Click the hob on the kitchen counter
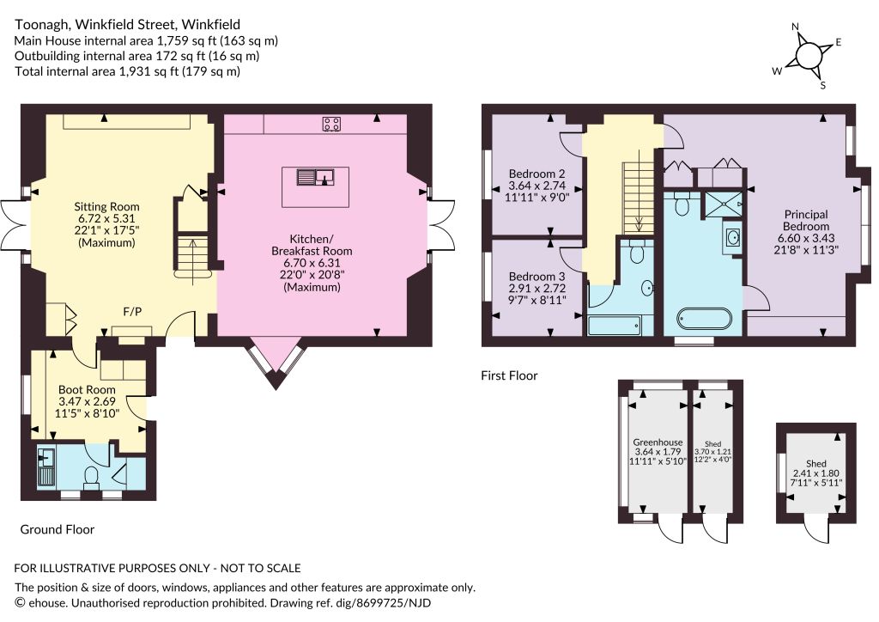pyautogui.click(x=331, y=124)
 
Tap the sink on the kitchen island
pyautogui.click(x=316, y=177)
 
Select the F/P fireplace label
pyautogui.click(x=132, y=312)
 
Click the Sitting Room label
pyautogui.click(x=106, y=206)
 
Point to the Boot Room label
pyautogui.click(x=87, y=389)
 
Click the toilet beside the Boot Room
pyautogui.click(x=91, y=479)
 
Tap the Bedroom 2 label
pyautogui.click(x=537, y=174)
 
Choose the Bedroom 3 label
pyautogui.click(x=537, y=277)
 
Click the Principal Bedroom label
pyautogui.click(x=806, y=220)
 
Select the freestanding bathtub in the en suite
pyautogui.click(x=704, y=320)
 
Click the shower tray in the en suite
pyautogui.click(x=723, y=204)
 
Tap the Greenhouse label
pyautogui.click(x=658, y=442)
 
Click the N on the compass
pyautogui.click(x=796, y=27)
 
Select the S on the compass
pyautogui.click(x=823, y=86)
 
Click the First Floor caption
pyautogui.click(x=509, y=375)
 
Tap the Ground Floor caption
pyautogui.click(x=58, y=529)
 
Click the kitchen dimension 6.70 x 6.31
pyautogui.click(x=312, y=263)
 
